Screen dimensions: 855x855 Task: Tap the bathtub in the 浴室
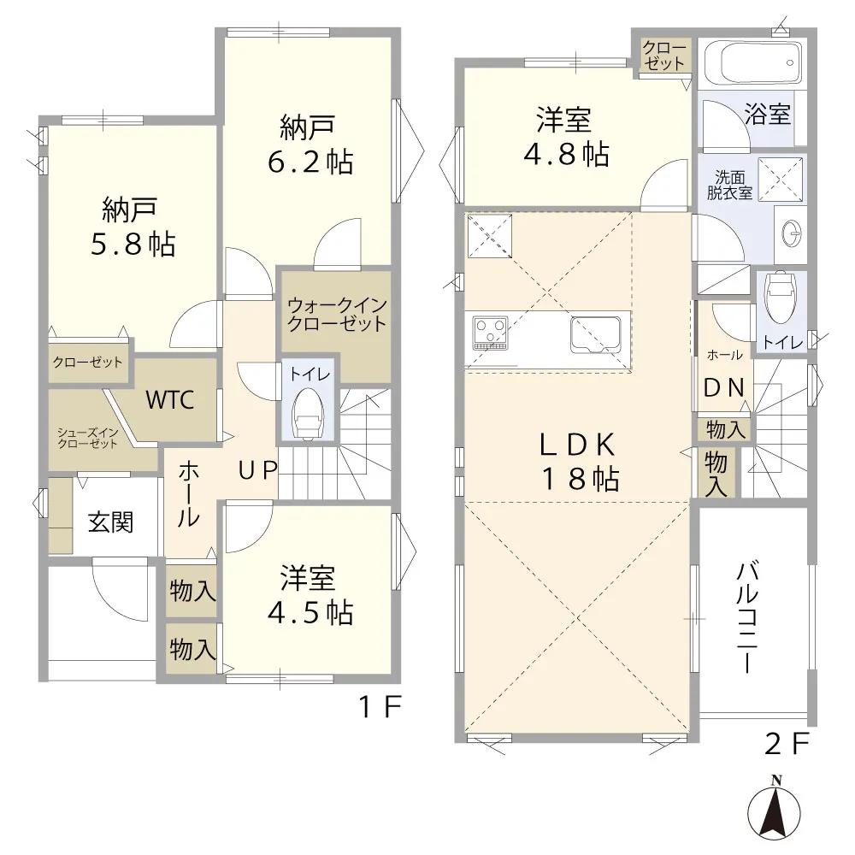752,63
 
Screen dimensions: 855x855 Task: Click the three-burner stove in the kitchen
490,332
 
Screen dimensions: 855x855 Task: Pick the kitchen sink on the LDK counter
596,333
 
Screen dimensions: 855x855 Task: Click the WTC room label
169,400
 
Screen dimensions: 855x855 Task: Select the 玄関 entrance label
110,522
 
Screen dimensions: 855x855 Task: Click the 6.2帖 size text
310,162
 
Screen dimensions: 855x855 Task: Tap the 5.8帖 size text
133,244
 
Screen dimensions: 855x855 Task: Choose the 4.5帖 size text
310,612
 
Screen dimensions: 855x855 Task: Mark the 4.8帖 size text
567,154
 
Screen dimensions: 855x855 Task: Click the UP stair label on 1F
258,470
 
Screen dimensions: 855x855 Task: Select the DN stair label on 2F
724,387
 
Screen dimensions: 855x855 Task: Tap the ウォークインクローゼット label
337,315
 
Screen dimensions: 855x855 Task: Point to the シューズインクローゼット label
87,439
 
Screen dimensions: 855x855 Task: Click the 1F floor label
380,707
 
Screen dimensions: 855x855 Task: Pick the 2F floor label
787,744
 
